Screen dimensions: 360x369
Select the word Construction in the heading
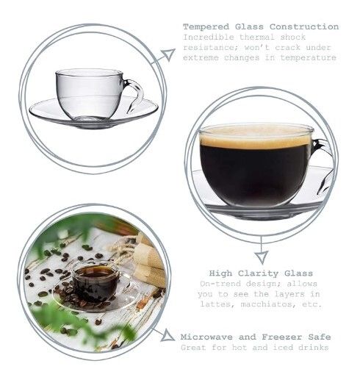pyautogui.click(x=304, y=26)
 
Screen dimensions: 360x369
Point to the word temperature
pyautogui.click(x=308, y=58)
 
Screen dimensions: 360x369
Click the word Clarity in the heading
pyautogui.click(x=258, y=273)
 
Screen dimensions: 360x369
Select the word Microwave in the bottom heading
pyautogui.click(x=206, y=337)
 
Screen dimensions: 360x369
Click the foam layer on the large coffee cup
pyautogui.click(x=256, y=139)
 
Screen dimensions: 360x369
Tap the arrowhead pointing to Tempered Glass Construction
pyautogui.click(x=168, y=54)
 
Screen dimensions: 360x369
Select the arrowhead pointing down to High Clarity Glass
pyautogui.click(x=262, y=257)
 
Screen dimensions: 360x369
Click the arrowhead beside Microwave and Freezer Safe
pyautogui.click(x=168, y=336)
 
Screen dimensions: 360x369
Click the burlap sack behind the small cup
pyautogui.click(x=149, y=265)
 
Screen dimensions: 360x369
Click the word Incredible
pyautogui.click(x=209, y=37)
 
